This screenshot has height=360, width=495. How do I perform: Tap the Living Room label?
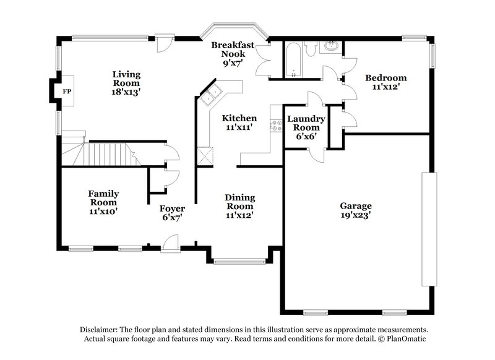point(126,83)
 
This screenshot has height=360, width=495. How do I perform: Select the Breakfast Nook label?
point(229,54)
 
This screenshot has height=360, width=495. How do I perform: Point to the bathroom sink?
point(332,47)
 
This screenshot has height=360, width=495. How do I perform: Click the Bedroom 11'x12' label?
point(385,82)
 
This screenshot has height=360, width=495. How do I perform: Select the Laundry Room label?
point(304,127)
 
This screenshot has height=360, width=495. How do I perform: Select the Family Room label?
point(103,202)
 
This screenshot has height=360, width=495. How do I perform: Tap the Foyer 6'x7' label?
point(173,213)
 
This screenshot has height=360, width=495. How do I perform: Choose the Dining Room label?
point(239,206)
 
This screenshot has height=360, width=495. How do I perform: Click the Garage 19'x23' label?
point(356,210)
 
